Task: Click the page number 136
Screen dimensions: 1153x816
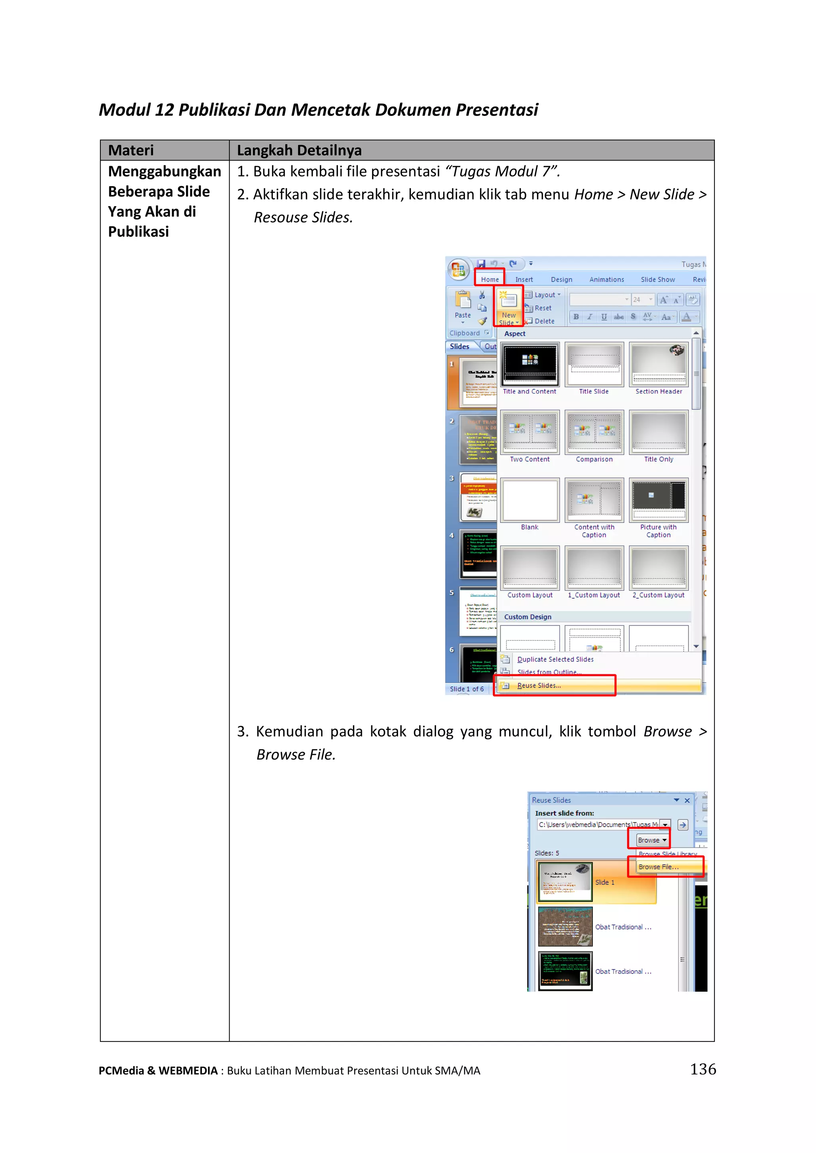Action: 702,1069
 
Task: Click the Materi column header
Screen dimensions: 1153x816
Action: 131,150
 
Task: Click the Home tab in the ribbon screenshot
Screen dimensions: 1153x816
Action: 489,279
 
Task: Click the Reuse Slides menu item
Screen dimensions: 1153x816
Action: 539,686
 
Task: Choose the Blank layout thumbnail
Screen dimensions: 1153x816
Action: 530,500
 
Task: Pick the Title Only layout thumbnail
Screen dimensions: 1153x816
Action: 658,433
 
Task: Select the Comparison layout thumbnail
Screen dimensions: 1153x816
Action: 594,433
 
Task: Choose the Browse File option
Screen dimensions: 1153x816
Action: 658,866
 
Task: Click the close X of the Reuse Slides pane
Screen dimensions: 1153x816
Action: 687,800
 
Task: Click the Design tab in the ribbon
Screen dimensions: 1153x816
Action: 561,279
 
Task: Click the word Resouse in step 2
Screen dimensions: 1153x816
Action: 280,218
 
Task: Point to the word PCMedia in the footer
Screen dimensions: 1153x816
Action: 121,1071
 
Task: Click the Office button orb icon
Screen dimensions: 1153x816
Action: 458,270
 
